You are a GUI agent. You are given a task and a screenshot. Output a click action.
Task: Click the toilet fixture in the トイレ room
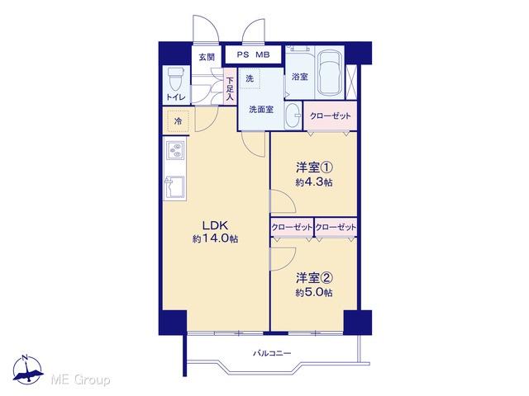click(176, 79)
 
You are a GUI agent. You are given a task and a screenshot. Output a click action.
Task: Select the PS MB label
click(253, 54)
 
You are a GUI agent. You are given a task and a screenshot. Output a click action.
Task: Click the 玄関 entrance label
click(207, 57)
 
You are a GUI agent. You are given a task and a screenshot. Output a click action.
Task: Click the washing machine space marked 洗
click(250, 79)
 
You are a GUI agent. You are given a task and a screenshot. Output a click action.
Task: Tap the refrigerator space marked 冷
click(178, 121)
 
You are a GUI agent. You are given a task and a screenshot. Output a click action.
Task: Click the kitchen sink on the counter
click(174, 187)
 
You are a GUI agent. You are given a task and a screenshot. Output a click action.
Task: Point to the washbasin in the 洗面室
click(293, 115)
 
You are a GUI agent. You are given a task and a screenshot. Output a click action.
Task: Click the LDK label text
click(216, 224)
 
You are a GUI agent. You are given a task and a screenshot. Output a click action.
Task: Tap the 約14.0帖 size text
click(216, 238)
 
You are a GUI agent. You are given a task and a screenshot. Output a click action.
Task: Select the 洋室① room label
click(314, 167)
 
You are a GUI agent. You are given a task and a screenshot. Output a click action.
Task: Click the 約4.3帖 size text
click(314, 182)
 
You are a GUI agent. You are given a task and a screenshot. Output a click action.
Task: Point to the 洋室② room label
click(314, 278)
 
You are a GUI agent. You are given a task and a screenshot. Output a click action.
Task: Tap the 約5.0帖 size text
click(314, 292)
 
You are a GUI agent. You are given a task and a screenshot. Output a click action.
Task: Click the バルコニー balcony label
click(272, 353)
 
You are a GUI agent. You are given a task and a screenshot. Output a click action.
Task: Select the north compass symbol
click(27, 370)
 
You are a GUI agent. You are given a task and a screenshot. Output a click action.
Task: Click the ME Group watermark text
click(80, 379)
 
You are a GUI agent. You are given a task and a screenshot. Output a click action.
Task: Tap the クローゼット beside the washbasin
click(331, 115)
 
